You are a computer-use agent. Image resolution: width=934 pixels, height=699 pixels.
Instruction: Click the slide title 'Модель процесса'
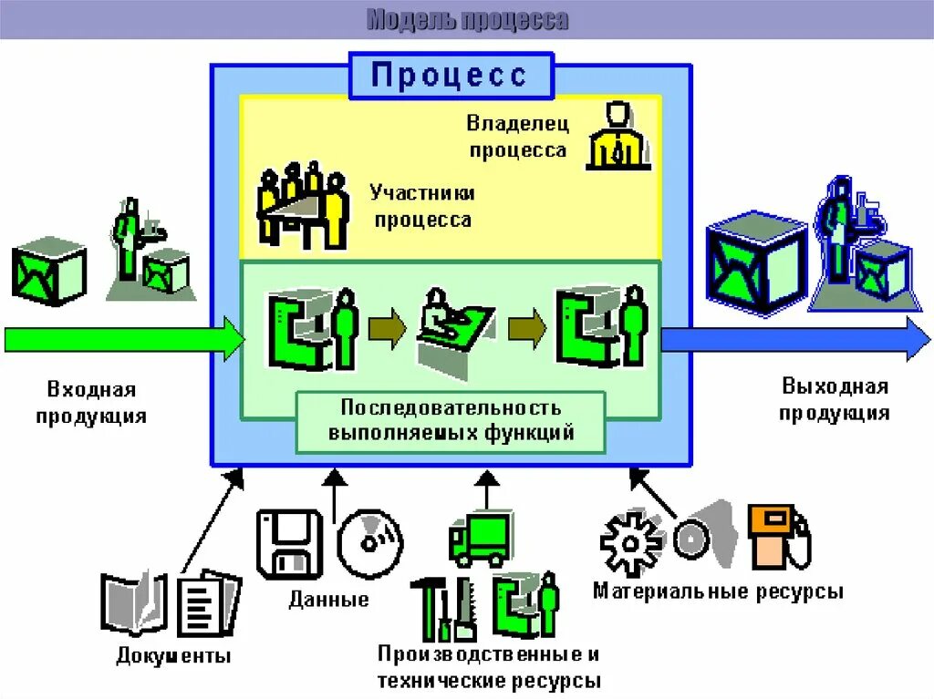click(x=467, y=19)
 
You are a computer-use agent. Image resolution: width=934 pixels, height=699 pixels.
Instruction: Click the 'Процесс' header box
click(x=451, y=75)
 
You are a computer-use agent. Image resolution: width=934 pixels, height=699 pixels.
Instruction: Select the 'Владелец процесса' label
click(x=517, y=136)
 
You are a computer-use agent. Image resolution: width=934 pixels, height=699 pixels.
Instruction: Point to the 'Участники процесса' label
click(x=421, y=206)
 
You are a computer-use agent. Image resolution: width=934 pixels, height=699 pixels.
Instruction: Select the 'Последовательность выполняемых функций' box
click(x=451, y=420)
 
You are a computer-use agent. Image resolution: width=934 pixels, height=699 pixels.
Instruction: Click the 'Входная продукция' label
click(x=91, y=403)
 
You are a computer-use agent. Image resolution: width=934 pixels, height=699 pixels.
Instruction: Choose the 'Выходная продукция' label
click(x=834, y=399)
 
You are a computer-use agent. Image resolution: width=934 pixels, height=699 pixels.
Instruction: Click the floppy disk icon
click(x=290, y=544)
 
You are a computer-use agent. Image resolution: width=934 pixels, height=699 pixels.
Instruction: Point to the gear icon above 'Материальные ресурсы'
click(x=631, y=543)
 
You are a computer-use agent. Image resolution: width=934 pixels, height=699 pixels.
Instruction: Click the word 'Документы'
click(x=173, y=656)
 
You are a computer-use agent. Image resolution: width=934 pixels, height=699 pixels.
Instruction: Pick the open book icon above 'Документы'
click(x=134, y=602)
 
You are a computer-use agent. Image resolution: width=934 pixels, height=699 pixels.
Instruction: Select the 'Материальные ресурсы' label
click(x=718, y=591)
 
